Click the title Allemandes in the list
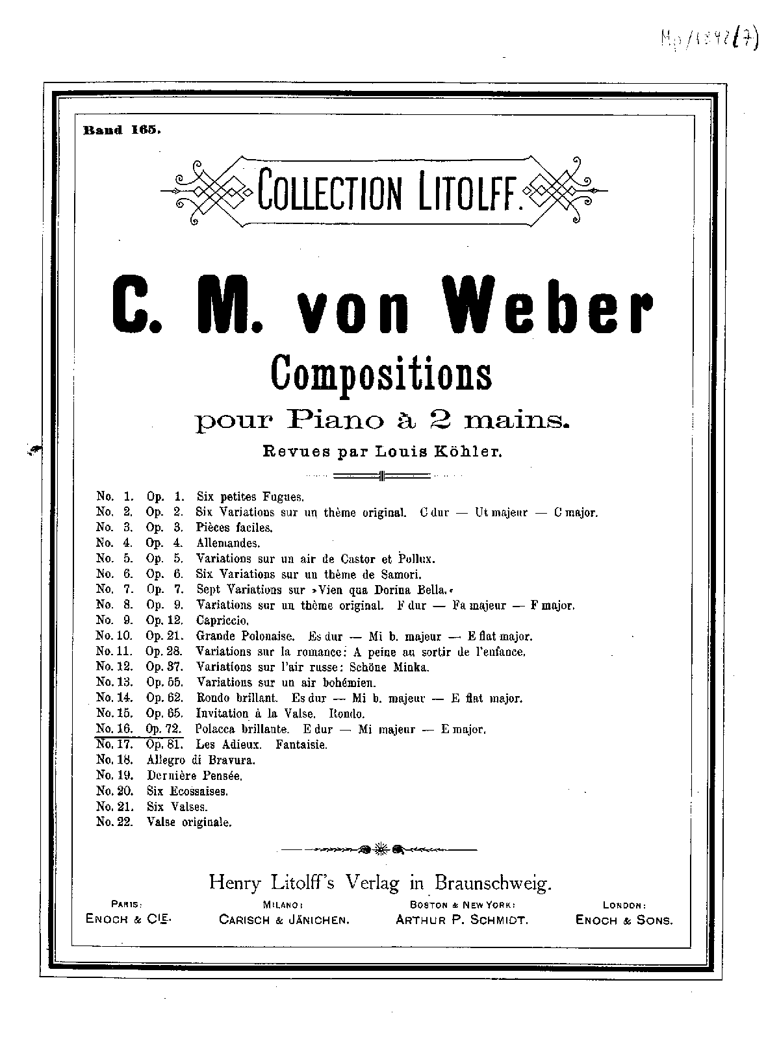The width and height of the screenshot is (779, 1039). (228, 543)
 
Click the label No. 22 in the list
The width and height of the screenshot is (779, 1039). (114, 822)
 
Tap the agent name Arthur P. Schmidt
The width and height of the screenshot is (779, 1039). (462, 920)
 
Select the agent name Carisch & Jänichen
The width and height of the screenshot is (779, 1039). (285, 920)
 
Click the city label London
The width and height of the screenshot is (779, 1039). (624, 904)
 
